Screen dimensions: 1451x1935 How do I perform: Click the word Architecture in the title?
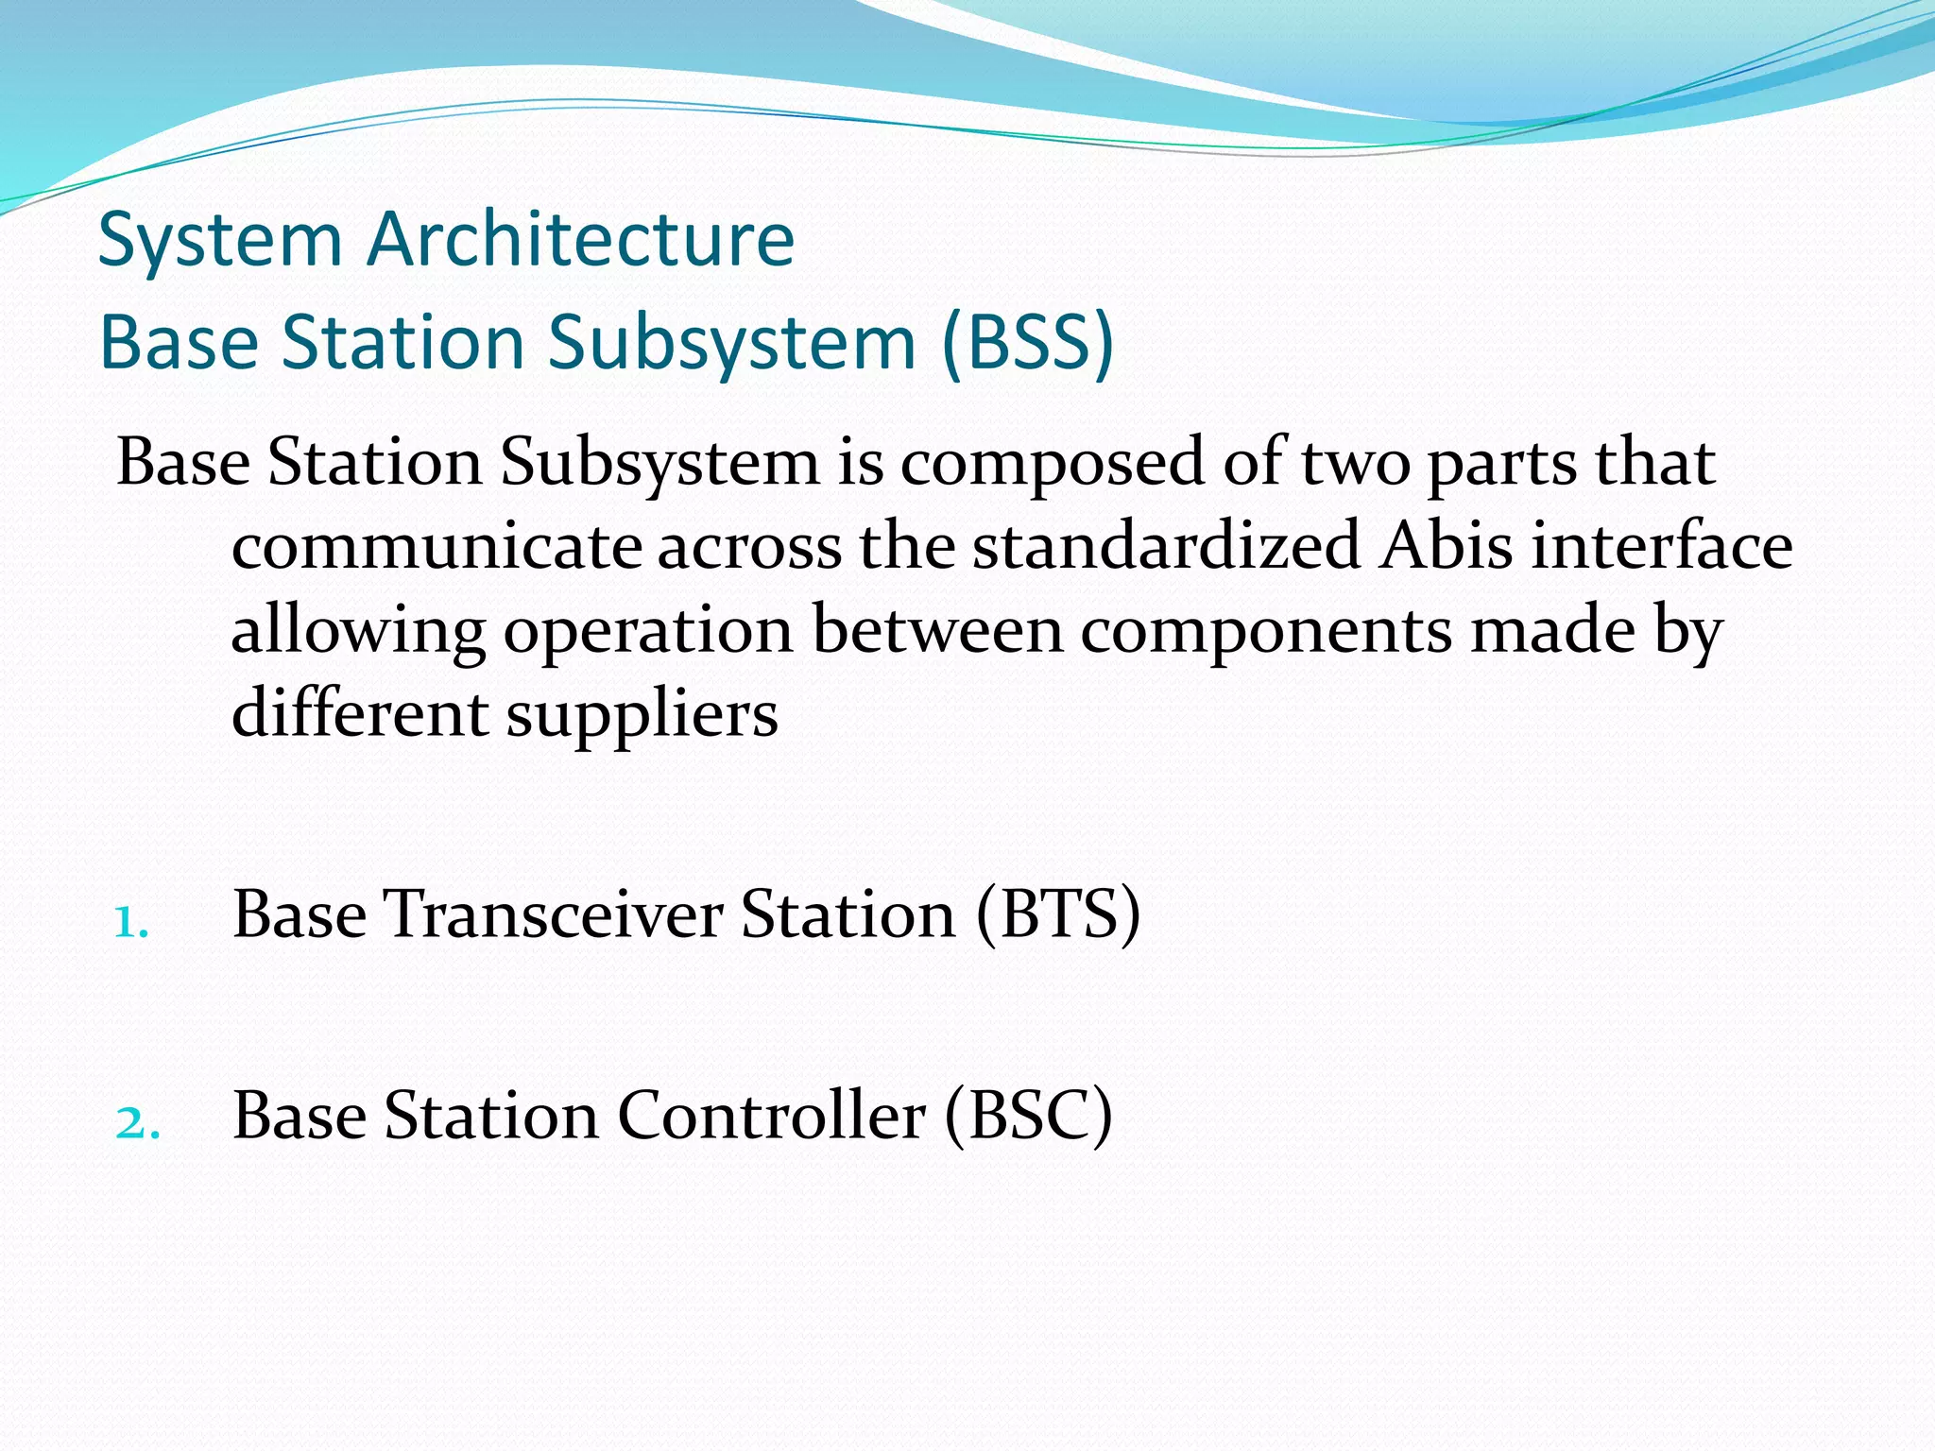coord(580,239)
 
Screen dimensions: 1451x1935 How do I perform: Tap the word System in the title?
coord(219,241)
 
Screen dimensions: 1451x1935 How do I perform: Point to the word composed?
coord(1053,465)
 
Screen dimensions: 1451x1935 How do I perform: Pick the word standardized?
coord(1167,547)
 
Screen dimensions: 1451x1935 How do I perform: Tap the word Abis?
coord(1446,547)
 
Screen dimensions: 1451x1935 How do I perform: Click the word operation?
coord(648,632)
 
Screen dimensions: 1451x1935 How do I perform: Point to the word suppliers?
coord(642,715)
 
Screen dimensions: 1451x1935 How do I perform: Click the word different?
coord(360,713)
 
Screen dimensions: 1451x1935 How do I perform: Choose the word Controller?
coord(771,1117)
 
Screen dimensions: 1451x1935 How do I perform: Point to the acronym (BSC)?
coord(1028,1117)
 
